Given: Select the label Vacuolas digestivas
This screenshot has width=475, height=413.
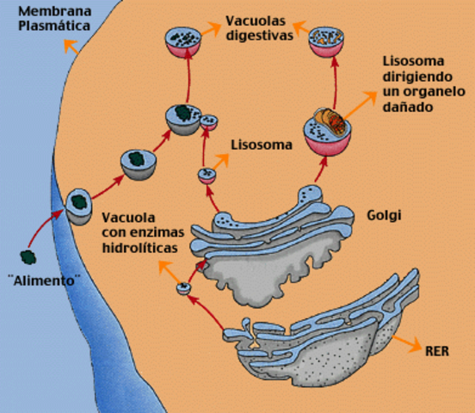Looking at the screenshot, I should coord(258,28).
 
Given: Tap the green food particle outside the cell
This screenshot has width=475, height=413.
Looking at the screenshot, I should coord(29,256).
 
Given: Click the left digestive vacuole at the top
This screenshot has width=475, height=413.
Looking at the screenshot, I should coord(185,43).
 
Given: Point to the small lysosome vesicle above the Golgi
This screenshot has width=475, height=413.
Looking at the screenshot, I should coord(207,176).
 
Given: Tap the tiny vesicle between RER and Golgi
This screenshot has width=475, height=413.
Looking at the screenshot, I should coord(183,288).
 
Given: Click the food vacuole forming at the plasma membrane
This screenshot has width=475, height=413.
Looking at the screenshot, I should coord(79,205).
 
